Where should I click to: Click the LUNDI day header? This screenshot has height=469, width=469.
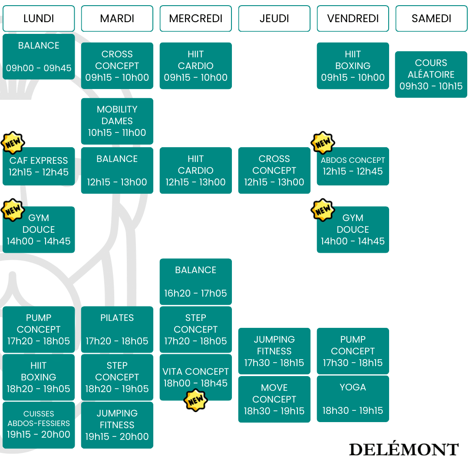click(x=39, y=18)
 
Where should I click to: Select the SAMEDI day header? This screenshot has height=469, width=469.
click(x=431, y=18)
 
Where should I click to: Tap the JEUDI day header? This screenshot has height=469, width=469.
click(x=274, y=18)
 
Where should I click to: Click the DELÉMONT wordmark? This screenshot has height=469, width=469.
click(x=403, y=449)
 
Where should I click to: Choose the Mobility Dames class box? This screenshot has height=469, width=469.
click(x=117, y=121)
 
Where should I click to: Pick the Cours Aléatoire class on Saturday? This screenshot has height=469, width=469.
click(x=431, y=75)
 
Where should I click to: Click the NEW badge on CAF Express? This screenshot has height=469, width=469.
click(x=13, y=143)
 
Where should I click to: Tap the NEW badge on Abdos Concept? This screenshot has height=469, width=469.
click(x=323, y=143)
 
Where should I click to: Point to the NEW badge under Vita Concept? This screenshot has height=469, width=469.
click(x=195, y=400)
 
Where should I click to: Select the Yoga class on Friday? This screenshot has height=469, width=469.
click(x=353, y=399)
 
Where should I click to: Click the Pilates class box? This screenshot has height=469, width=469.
click(x=117, y=329)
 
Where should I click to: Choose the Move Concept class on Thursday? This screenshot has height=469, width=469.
click(x=274, y=399)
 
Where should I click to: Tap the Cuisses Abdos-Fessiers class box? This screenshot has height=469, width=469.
click(x=39, y=425)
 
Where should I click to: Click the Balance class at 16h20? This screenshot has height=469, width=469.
click(x=195, y=281)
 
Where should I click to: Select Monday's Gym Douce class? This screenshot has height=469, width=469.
click(x=39, y=229)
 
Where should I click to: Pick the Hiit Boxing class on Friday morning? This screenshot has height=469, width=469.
click(x=353, y=66)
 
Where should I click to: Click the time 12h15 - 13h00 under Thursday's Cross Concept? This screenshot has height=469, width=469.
click(x=274, y=182)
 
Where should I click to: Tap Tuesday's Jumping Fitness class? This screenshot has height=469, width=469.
click(x=117, y=425)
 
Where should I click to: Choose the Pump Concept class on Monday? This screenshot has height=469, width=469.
click(x=39, y=329)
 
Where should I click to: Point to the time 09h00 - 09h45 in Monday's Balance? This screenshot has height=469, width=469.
click(x=39, y=68)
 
